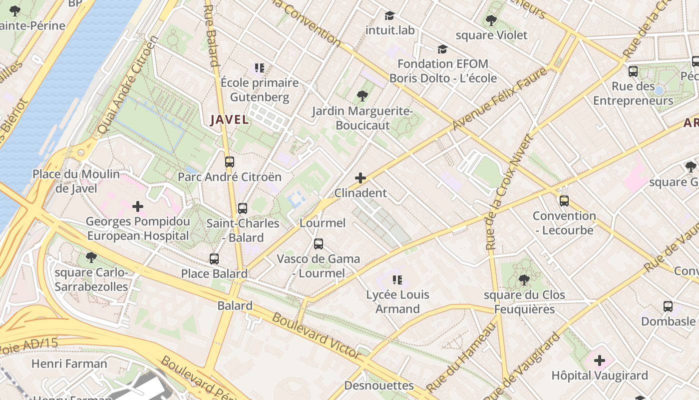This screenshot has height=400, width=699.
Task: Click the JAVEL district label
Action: [x=229, y=120]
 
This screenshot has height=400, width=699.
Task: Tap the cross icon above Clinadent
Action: [x=360, y=178]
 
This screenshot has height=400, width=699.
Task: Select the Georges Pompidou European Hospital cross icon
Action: [x=138, y=206]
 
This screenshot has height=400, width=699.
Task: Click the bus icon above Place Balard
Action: [x=214, y=259]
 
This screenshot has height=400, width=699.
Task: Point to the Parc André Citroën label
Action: [x=230, y=177]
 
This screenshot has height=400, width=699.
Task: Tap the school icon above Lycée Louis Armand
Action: [x=397, y=280]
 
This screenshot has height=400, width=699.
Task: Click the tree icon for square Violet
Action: [x=491, y=20]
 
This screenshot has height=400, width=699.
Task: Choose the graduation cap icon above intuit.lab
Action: [x=389, y=16]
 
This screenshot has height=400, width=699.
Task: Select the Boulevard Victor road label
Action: [x=317, y=336]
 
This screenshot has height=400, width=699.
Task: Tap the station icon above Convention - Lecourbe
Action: [x=564, y=201]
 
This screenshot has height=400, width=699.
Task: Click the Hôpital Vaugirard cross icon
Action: [x=600, y=360]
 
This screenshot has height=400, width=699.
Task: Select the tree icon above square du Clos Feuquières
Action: [x=524, y=280]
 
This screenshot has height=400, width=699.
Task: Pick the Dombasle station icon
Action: [x=668, y=306]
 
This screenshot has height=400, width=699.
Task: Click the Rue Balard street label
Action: [x=212, y=35]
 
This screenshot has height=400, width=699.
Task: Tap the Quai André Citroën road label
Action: [x=127, y=85]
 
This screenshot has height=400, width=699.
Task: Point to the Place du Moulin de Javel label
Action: [x=76, y=181]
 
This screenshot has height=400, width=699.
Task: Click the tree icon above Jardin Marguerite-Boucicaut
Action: [x=362, y=95]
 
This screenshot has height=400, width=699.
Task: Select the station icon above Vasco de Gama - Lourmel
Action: [x=319, y=244]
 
